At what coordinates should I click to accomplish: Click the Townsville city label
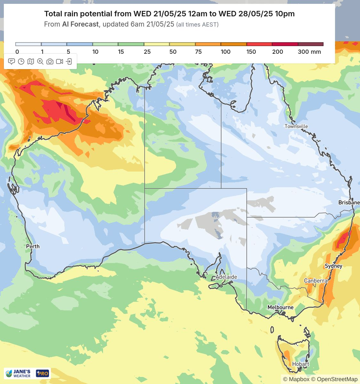point(296,126)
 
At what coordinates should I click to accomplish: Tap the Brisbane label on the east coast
point(349,203)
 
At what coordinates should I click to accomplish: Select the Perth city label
point(33,246)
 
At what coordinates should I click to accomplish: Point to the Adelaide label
point(226,277)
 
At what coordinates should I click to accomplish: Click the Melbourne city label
point(280,307)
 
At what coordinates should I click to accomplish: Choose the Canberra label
point(316,281)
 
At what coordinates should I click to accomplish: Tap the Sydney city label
point(333,266)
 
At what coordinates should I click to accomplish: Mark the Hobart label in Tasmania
point(300,364)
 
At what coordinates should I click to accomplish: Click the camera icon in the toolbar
point(50,61)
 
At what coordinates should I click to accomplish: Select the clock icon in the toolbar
point(21,61)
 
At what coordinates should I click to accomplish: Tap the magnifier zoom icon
point(40,61)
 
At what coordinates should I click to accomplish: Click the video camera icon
point(60,61)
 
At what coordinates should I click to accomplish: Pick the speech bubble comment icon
point(12,61)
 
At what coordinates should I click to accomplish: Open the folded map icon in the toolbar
point(31,61)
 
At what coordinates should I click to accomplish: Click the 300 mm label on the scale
point(309,52)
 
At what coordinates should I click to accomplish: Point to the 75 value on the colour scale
point(198,52)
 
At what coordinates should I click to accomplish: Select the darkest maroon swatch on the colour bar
point(310,44)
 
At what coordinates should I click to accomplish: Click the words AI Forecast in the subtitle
point(80,24)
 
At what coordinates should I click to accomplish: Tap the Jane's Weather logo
point(19,373)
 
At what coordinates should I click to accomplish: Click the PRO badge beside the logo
point(42,373)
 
